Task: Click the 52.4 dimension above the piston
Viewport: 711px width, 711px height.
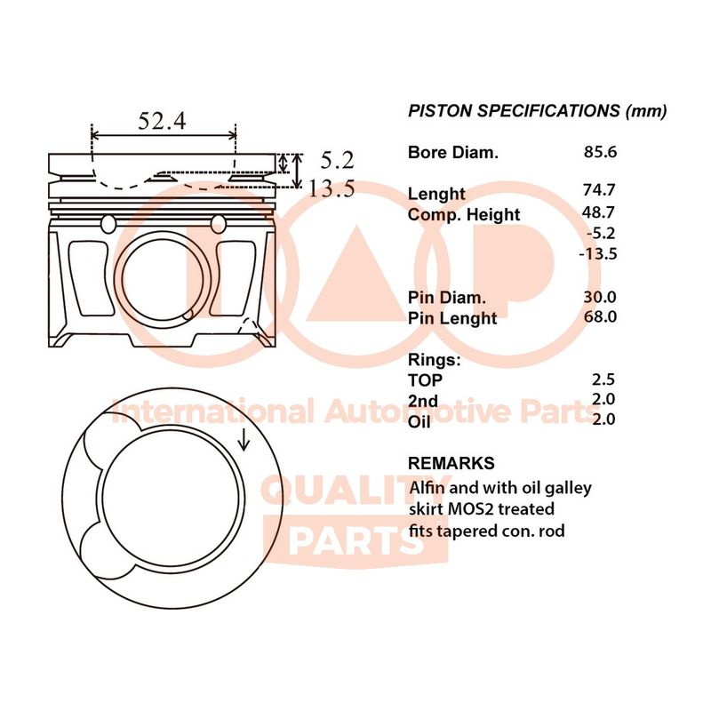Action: pos(162,121)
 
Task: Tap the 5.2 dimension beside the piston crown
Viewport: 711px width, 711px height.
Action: pos(337,160)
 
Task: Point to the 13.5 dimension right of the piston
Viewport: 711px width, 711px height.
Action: pos(332,188)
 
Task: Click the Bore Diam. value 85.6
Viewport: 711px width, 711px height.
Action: pos(600,152)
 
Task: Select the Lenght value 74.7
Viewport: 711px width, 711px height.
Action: pos(599,189)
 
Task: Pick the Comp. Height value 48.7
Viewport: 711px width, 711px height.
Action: pos(598,212)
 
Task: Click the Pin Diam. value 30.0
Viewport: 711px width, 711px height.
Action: pos(599,297)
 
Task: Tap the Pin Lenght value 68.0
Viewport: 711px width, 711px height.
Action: pos(600,316)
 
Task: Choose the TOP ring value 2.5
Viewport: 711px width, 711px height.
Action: pos(603,379)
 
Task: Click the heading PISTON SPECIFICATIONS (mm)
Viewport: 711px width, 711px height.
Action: pos(538,111)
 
